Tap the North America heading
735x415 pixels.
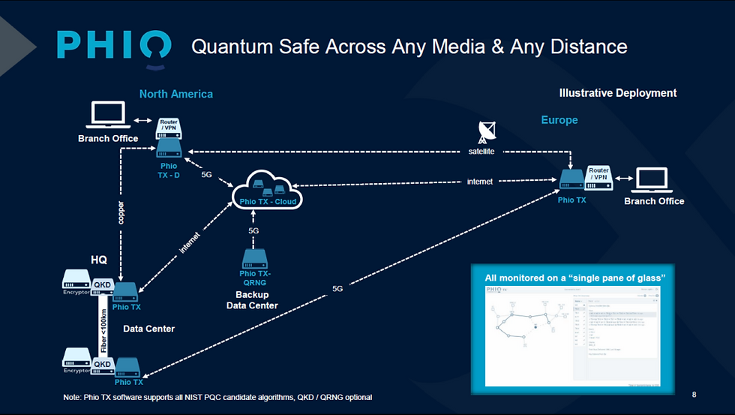(175, 94)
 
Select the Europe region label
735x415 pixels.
(559, 120)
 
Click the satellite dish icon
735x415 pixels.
(486, 133)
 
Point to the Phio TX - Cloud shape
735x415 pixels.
(268, 189)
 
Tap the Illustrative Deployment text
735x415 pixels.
(618, 93)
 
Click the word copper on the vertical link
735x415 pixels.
(121, 212)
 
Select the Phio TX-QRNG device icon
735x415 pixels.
(253, 259)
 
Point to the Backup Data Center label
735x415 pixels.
(252, 300)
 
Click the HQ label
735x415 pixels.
(99, 260)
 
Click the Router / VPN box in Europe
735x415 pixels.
(598, 174)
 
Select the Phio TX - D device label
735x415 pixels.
(168, 170)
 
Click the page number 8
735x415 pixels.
(694, 393)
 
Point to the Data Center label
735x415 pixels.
(148, 329)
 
